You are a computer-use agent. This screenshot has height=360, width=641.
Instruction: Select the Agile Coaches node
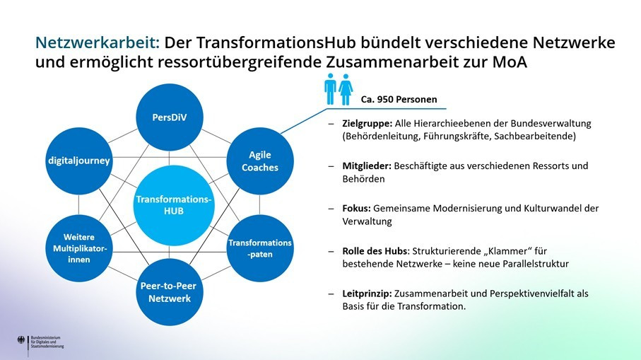[259, 161]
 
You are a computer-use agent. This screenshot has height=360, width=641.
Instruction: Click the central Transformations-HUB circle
[173, 205]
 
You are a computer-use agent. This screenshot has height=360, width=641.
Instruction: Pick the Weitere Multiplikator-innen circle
[78, 248]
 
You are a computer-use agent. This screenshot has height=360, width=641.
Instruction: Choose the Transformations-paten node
[259, 248]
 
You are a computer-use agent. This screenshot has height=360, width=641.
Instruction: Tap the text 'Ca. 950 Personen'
[399, 99]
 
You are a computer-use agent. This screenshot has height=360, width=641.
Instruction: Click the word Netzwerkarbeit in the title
[97, 42]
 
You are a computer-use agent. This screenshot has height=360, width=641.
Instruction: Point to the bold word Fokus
[355, 208]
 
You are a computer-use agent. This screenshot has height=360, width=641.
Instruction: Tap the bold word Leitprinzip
[366, 293]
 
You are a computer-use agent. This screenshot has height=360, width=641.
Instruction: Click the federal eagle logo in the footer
[21, 342]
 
